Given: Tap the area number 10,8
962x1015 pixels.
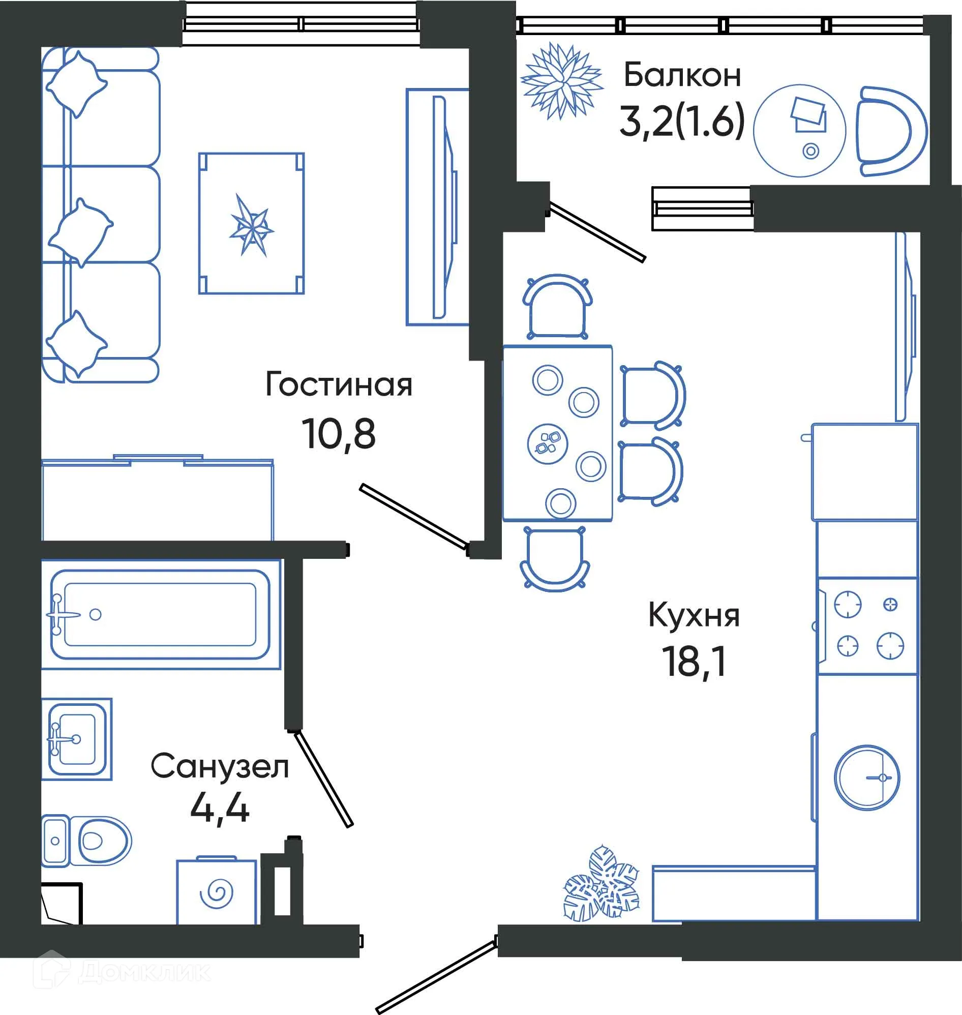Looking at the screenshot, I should pos(339,434).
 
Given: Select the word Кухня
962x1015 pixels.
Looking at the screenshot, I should pos(694,616).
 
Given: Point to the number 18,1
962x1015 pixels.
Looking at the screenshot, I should pos(695,662).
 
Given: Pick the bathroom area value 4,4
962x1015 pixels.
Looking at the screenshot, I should pos(220,809).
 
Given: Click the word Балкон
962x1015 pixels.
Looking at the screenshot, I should pos(682,75).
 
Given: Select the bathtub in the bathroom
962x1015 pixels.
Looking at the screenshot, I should pos(160,614).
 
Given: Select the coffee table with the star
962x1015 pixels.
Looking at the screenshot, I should pos(251,224).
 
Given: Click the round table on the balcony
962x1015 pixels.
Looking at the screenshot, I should pos(799,131).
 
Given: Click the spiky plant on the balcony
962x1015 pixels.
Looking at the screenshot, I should pos(561,81).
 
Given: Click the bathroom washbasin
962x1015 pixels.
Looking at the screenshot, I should pos(76,739).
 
